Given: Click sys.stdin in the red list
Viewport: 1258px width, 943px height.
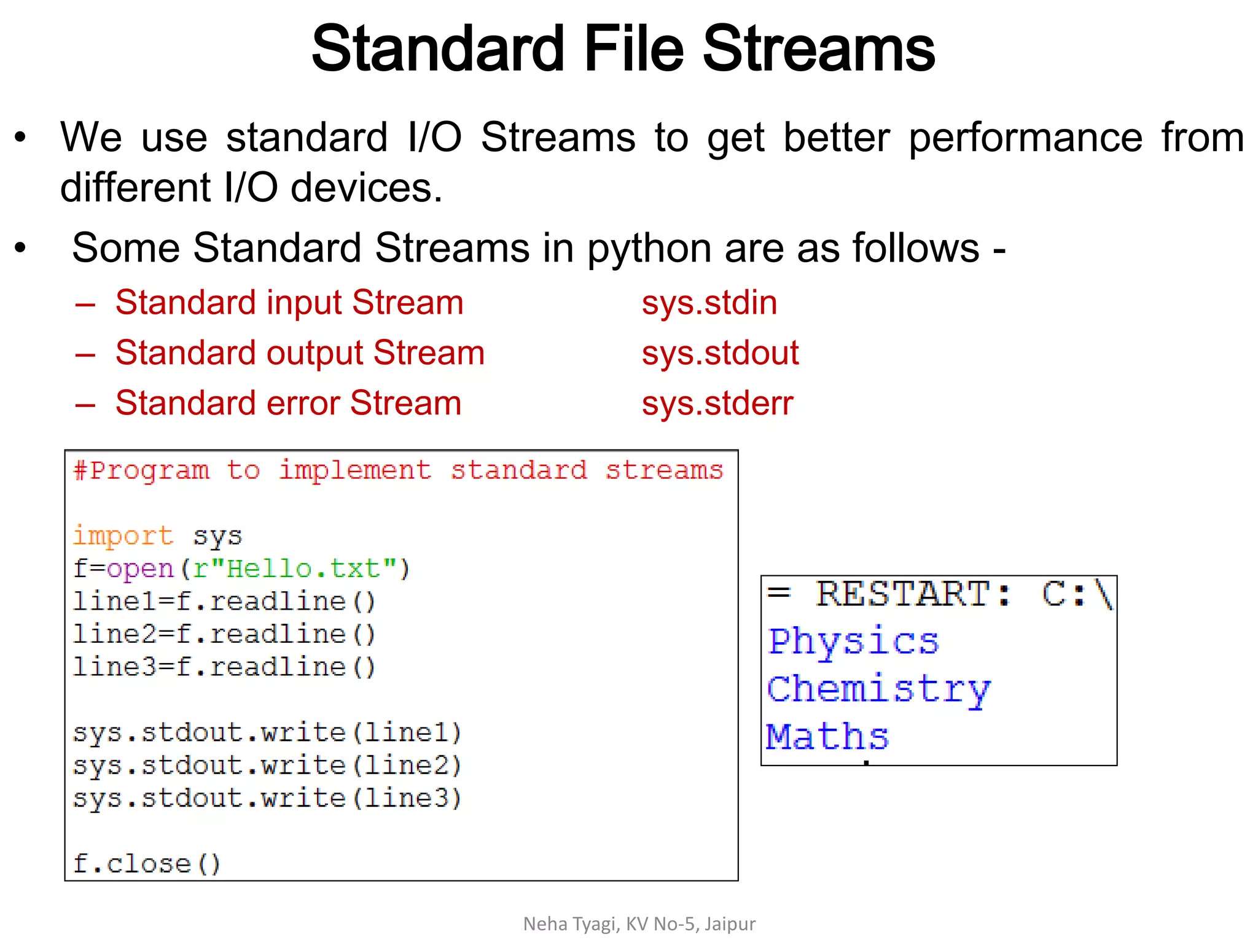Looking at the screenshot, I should pyautogui.click(x=709, y=303).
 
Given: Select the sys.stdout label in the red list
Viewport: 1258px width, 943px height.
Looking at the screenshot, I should pyautogui.click(x=720, y=353).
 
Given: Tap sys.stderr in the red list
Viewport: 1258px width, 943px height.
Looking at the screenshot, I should pyautogui.click(x=717, y=403).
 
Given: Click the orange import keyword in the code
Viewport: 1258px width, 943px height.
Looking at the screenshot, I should pyautogui.click(x=123, y=536).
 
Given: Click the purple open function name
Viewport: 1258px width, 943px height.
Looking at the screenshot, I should pyautogui.click(x=141, y=569).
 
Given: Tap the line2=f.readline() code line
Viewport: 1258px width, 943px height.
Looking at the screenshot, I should pyautogui.click(x=224, y=634).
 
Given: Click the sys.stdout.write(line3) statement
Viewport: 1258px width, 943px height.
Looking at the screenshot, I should pyautogui.click(x=267, y=798).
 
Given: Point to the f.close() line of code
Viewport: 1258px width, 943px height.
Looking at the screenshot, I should pyautogui.click(x=146, y=864).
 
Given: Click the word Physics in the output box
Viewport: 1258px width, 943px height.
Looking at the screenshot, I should pyautogui.click(x=853, y=642).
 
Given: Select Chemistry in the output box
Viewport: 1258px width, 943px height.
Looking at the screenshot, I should pyautogui.click(x=878, y=689).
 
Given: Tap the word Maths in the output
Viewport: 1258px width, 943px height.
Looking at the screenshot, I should pyautogui.click(x=827, y=736).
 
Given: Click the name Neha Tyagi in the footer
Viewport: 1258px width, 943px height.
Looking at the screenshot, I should pyautogui.click(x=571, y=923).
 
